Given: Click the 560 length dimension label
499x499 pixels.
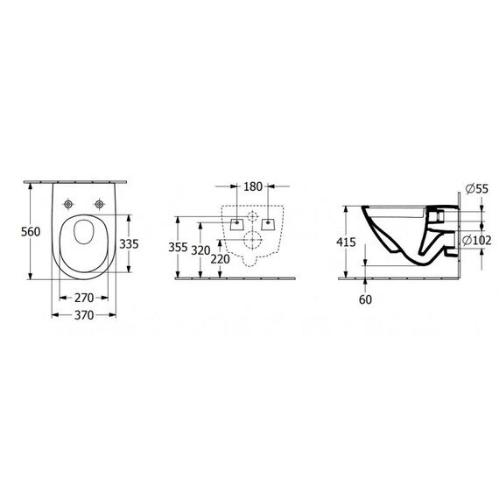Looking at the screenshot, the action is [31, 231].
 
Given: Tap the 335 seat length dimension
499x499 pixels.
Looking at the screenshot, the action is [129, 243].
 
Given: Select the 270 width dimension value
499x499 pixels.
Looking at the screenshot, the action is [84, 298].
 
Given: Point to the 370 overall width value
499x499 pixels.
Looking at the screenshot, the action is [84, 315].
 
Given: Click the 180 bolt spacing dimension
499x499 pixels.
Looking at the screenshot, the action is [253, 186].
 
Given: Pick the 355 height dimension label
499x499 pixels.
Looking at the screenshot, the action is [178, 247].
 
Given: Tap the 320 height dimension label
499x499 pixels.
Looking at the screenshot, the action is [200, 250].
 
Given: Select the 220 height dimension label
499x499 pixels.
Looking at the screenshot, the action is [220, 259].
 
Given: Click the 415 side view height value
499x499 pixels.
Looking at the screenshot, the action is [346, 242].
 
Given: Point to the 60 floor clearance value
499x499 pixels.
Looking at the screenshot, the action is [365, 299].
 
